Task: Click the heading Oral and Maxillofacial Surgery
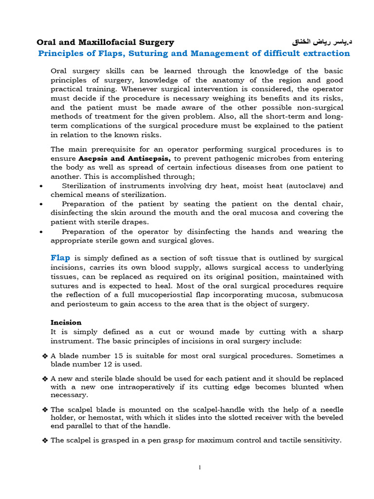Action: point(106,42)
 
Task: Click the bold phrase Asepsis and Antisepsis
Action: point(125,158)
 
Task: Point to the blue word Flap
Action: point(60,258)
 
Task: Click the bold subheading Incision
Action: point(66,322)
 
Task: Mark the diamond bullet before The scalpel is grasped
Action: point(45,440)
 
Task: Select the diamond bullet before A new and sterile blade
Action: point(45,379)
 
